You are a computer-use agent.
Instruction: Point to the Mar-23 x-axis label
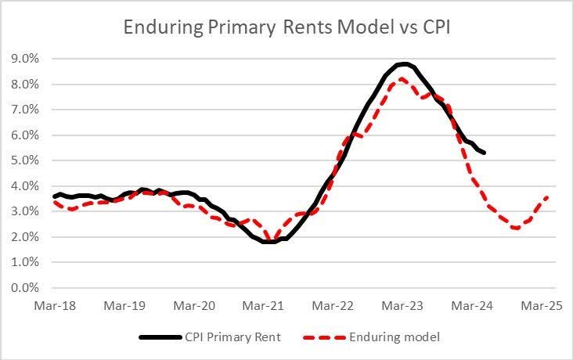(x=410, y=306)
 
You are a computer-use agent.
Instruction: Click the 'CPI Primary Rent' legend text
(x=233, y=337)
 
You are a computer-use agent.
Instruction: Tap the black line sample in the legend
(x=160, y=337)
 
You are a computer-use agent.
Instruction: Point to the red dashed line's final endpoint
(x=546, y=197)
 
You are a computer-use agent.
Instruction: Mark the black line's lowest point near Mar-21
(x=268, y=242)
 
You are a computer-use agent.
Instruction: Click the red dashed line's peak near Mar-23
(x=402, y=79)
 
